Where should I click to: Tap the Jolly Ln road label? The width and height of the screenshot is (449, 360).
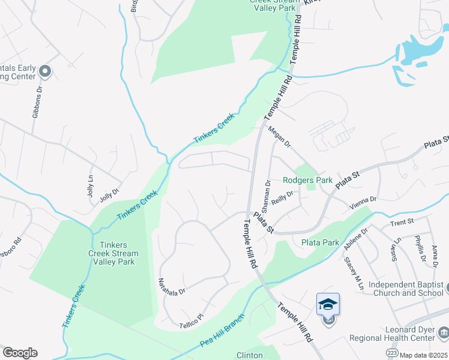(91, 186)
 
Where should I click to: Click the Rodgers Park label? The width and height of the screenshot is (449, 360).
(307, 180)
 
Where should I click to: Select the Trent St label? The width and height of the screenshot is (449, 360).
(402, 221)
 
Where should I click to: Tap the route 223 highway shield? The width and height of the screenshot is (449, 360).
(391, 353)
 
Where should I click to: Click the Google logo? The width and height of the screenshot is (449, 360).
(20, 353)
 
